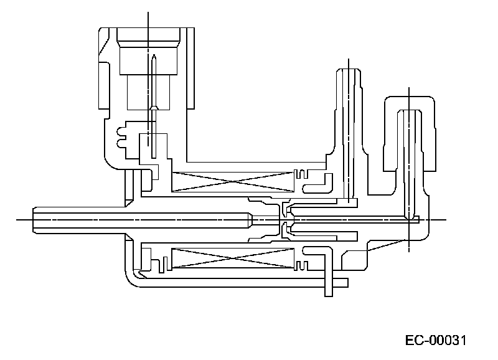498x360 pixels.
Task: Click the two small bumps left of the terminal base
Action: (121, 136)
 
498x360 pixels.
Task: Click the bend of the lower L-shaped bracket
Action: (325, 250)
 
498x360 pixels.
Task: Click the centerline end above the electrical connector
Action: (148, 13)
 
